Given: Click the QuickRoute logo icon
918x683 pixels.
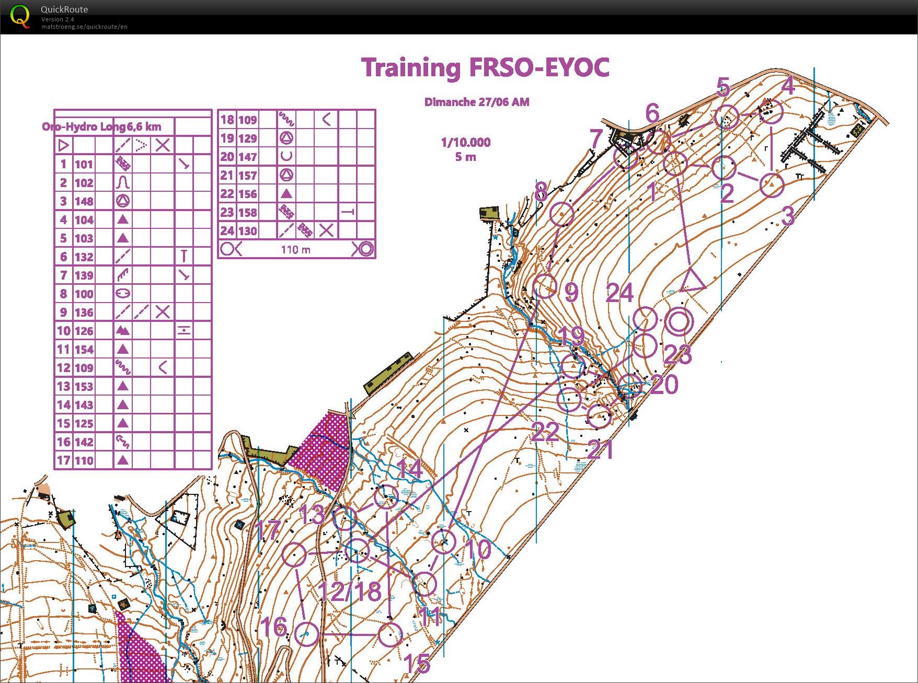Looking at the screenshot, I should [20, 16].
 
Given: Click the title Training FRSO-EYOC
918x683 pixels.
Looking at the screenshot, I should [485, 68].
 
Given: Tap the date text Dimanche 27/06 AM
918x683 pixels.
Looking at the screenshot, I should [476, 102].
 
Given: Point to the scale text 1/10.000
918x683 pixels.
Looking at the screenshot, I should [465, 142].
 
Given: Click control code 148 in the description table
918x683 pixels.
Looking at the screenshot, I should [84, 201].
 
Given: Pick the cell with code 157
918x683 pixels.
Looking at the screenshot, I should [247, 175].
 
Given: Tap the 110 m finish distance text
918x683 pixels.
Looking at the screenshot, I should [295, 250].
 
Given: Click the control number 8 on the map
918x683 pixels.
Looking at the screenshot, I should [541, 192].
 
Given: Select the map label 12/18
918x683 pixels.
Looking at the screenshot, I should [350, 591].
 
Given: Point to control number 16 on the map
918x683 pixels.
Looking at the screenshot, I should [273, 627].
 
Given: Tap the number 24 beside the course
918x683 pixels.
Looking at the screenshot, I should [619, 293].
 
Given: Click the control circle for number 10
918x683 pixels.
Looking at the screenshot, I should [444, 541].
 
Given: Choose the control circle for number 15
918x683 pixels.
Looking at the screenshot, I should [390, 635].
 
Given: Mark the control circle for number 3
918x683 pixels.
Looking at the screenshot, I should [772, 184].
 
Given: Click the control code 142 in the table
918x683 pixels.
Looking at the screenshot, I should [84, 442].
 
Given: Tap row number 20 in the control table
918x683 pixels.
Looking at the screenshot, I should [227, 157].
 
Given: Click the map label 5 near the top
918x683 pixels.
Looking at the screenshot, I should [722, 87].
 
